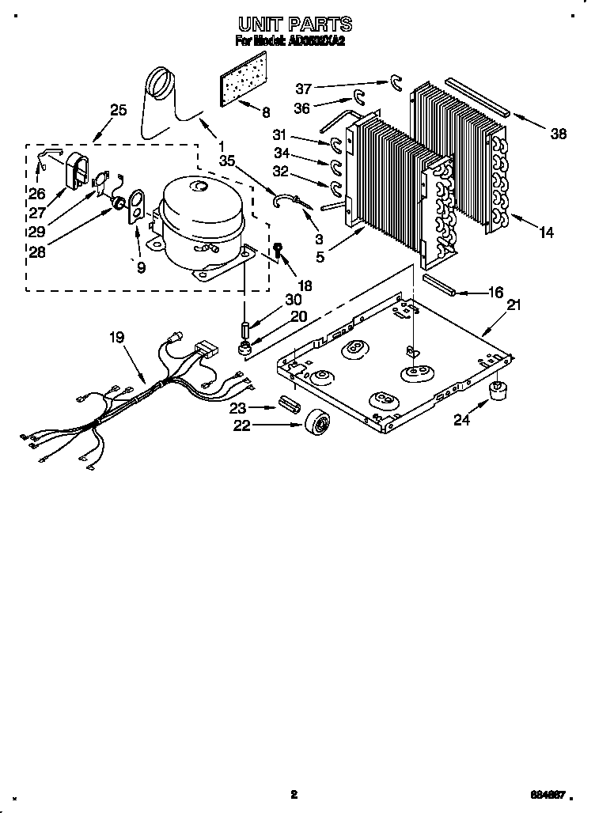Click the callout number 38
558,134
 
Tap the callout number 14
546,233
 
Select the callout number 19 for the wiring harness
117,338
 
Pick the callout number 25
118,110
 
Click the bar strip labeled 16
440,284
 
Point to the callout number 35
228,161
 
